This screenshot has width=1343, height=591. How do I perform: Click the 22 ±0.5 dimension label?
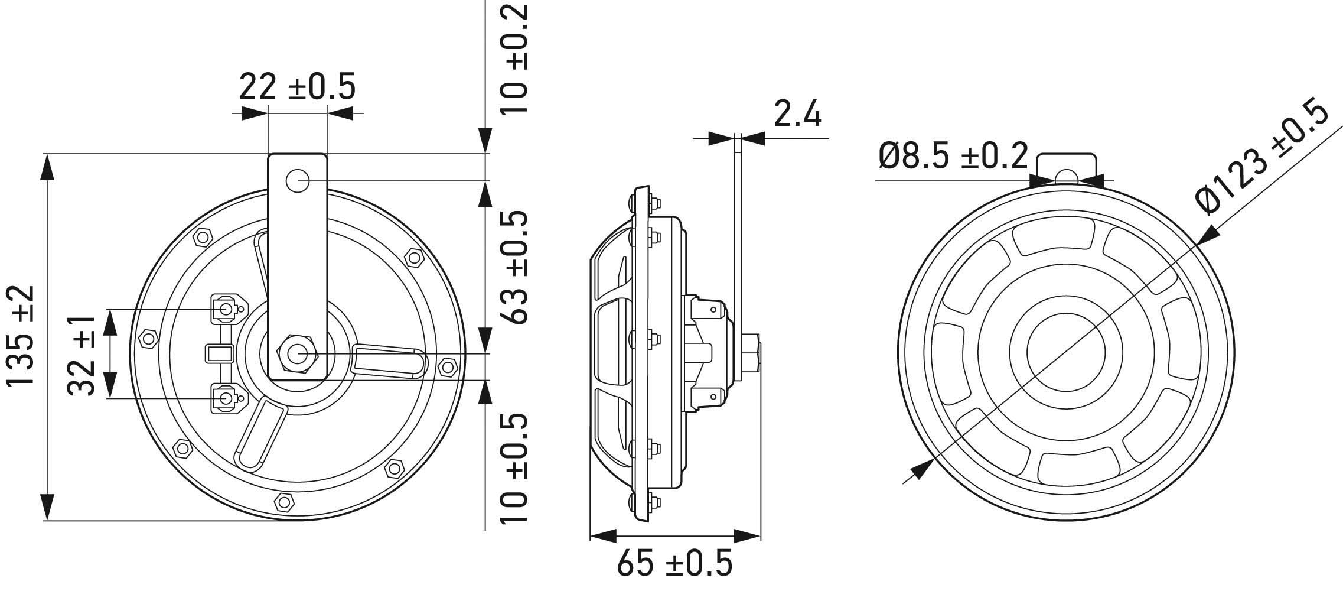point(297,87)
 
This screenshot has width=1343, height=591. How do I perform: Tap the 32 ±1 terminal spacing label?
point(82,355)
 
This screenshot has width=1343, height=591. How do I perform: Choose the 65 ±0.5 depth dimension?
point(674,563)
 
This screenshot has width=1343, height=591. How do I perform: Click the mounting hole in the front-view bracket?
point(298,180)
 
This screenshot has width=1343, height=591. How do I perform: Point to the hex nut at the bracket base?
point(297,353)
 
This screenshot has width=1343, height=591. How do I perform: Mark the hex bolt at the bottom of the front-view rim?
point(285,502)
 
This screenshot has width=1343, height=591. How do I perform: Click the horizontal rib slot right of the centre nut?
point(389,362)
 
